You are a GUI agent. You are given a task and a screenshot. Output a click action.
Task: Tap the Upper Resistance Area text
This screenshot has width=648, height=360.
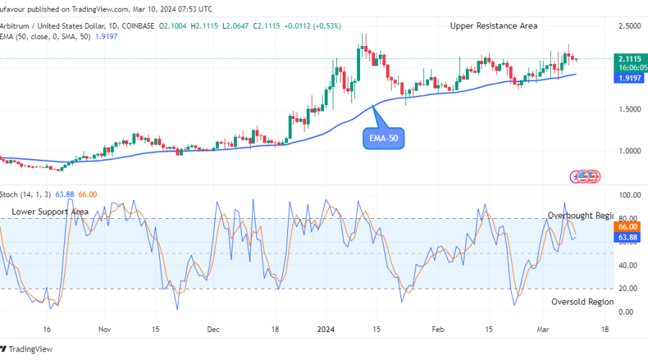(494, 26)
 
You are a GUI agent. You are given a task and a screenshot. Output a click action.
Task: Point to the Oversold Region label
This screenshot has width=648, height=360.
(582, 302)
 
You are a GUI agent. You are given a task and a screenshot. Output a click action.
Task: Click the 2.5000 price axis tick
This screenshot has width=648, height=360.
(629, 26)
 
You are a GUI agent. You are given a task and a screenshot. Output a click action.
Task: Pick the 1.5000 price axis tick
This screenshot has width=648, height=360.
(629, 109)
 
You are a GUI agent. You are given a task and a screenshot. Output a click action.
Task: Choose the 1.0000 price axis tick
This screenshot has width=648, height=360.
(629, 151)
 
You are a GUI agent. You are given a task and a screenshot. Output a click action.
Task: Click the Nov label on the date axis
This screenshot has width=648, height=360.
(104, 330)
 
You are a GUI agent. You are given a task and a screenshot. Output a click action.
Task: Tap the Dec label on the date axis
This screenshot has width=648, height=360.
(214, 330)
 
